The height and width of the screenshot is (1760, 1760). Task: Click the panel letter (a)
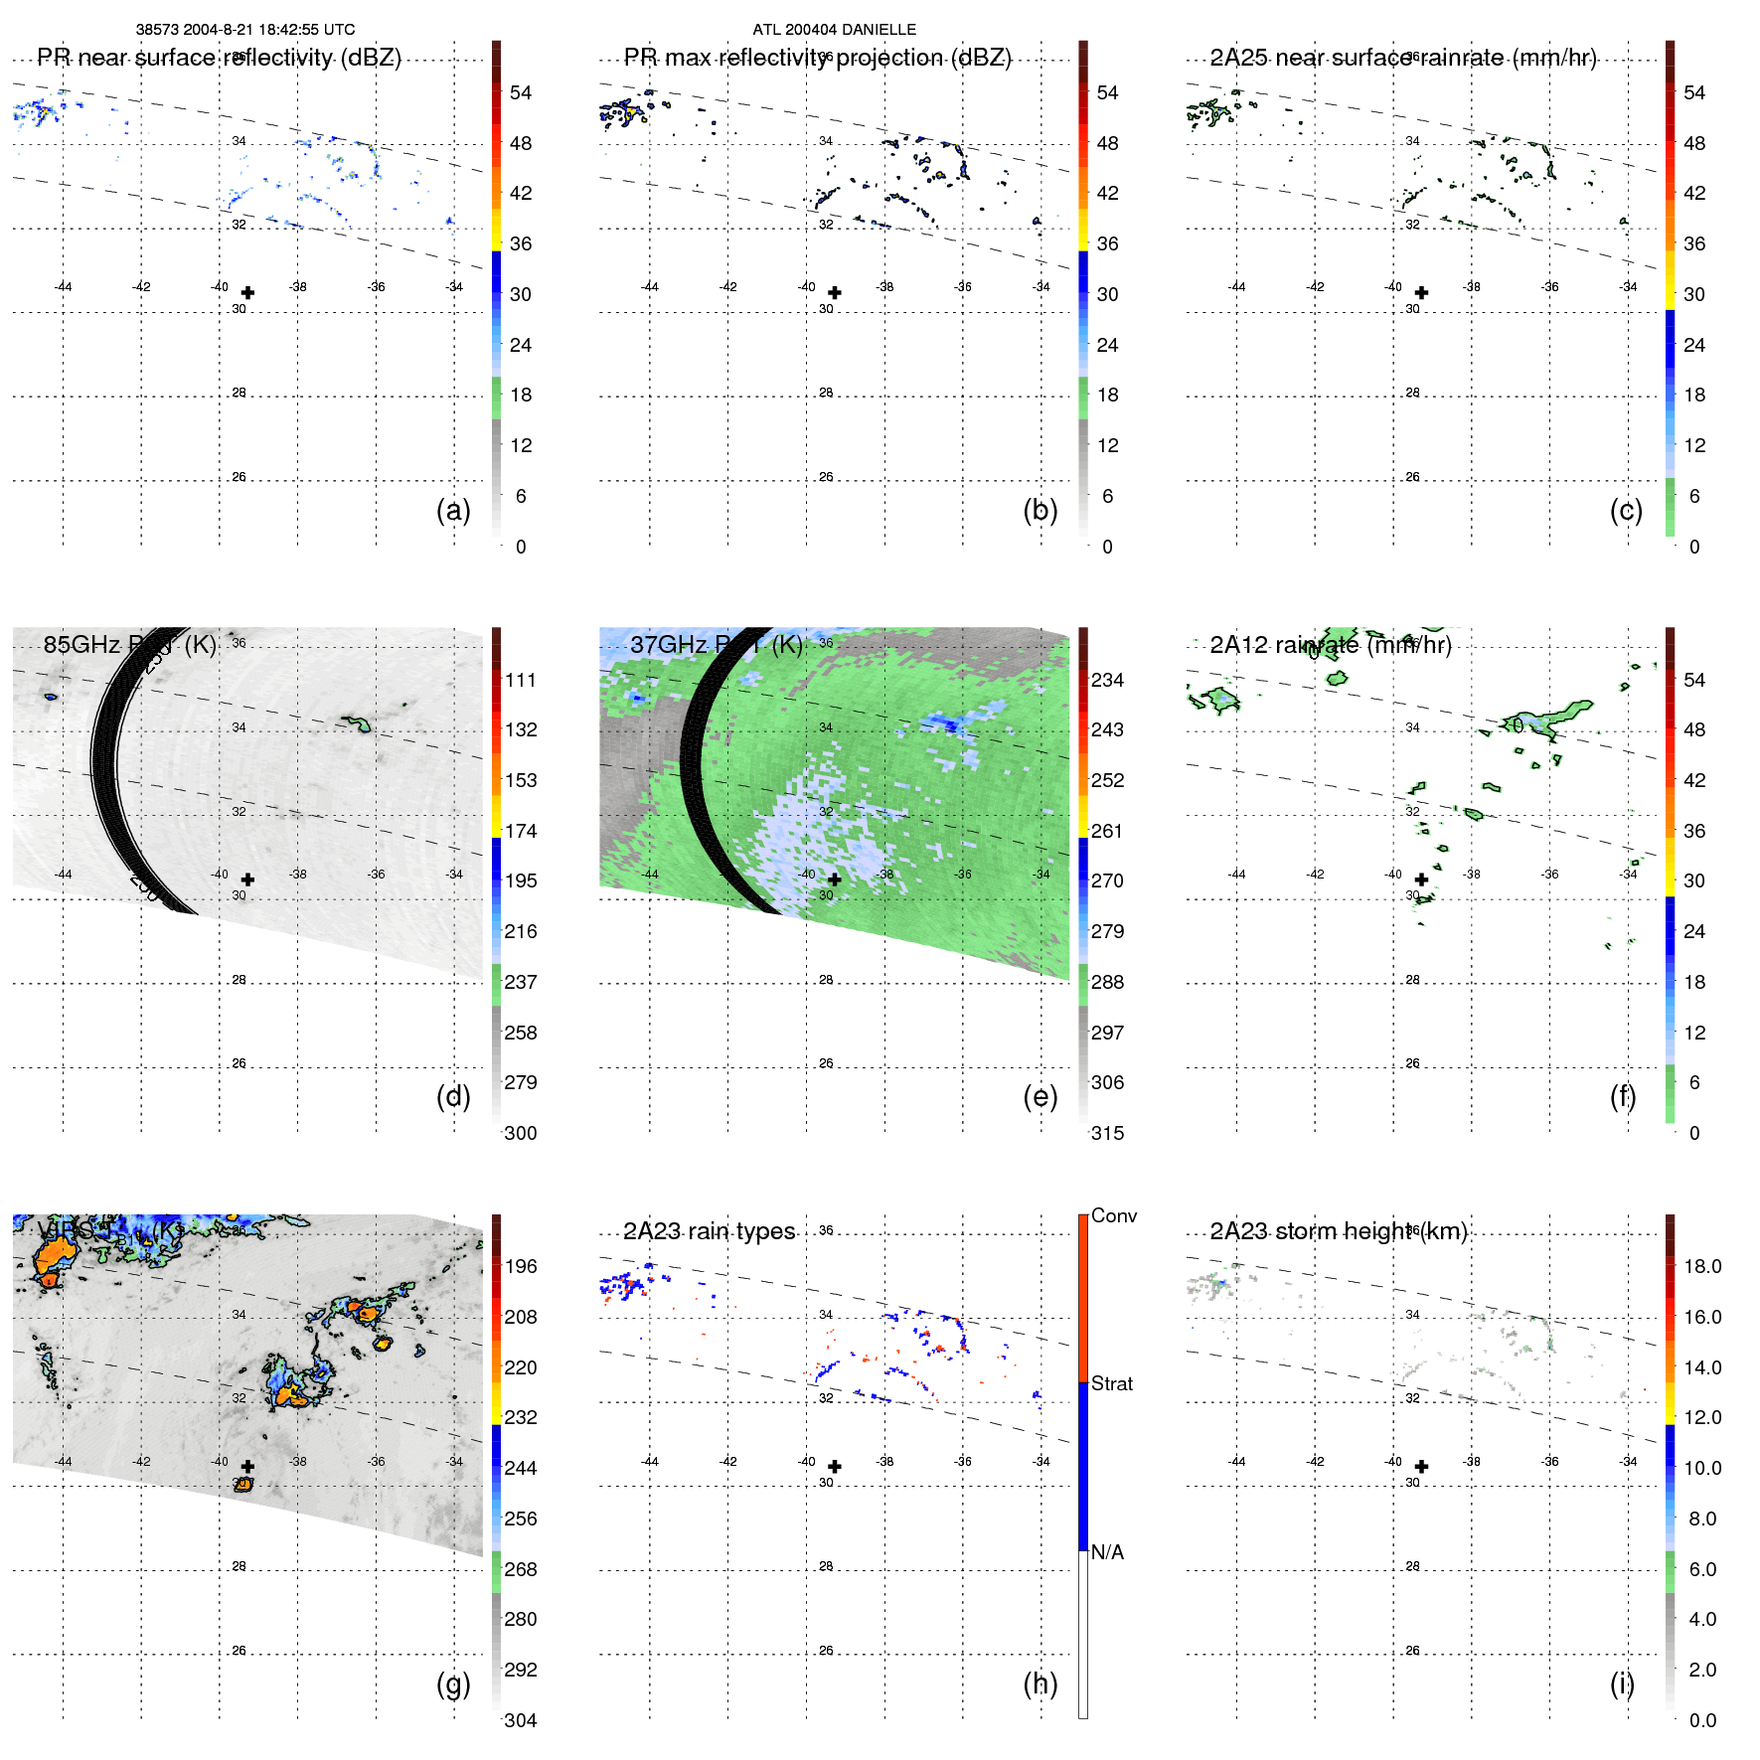(452, 510)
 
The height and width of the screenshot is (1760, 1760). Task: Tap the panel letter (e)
(1040, 1096)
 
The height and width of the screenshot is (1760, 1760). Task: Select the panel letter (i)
(1621, 1683)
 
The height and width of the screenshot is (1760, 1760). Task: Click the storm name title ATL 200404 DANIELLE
(834, 30)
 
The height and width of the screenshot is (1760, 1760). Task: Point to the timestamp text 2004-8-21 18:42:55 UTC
(269, 30)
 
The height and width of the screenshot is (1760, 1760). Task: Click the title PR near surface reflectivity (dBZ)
(219, 58)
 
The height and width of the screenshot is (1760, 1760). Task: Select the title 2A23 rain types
(709, 1231)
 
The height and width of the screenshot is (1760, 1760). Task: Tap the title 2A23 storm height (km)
(1338, 1231)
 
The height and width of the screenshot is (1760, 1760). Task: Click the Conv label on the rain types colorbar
(1113, 1215)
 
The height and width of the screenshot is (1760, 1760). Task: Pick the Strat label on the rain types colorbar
(1111, 1383)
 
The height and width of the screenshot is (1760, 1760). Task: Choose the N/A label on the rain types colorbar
(1107, 1552)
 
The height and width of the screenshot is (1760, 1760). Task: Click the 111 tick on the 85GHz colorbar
(521, 680)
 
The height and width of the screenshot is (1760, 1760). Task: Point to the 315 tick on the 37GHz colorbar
(1107, 1133)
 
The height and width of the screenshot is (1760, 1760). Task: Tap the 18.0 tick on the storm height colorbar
(1701, 1266)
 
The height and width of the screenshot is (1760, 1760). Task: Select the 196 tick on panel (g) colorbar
(521, 1266)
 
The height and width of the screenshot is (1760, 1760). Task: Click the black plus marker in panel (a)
(247, 293)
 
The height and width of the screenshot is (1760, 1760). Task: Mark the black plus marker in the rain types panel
(835, 1467)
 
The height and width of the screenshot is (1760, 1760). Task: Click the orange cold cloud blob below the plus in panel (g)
(242, 1484)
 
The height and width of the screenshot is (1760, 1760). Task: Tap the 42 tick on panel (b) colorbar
(1107, 193)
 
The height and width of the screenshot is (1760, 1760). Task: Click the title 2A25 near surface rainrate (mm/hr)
(1402, 58)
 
